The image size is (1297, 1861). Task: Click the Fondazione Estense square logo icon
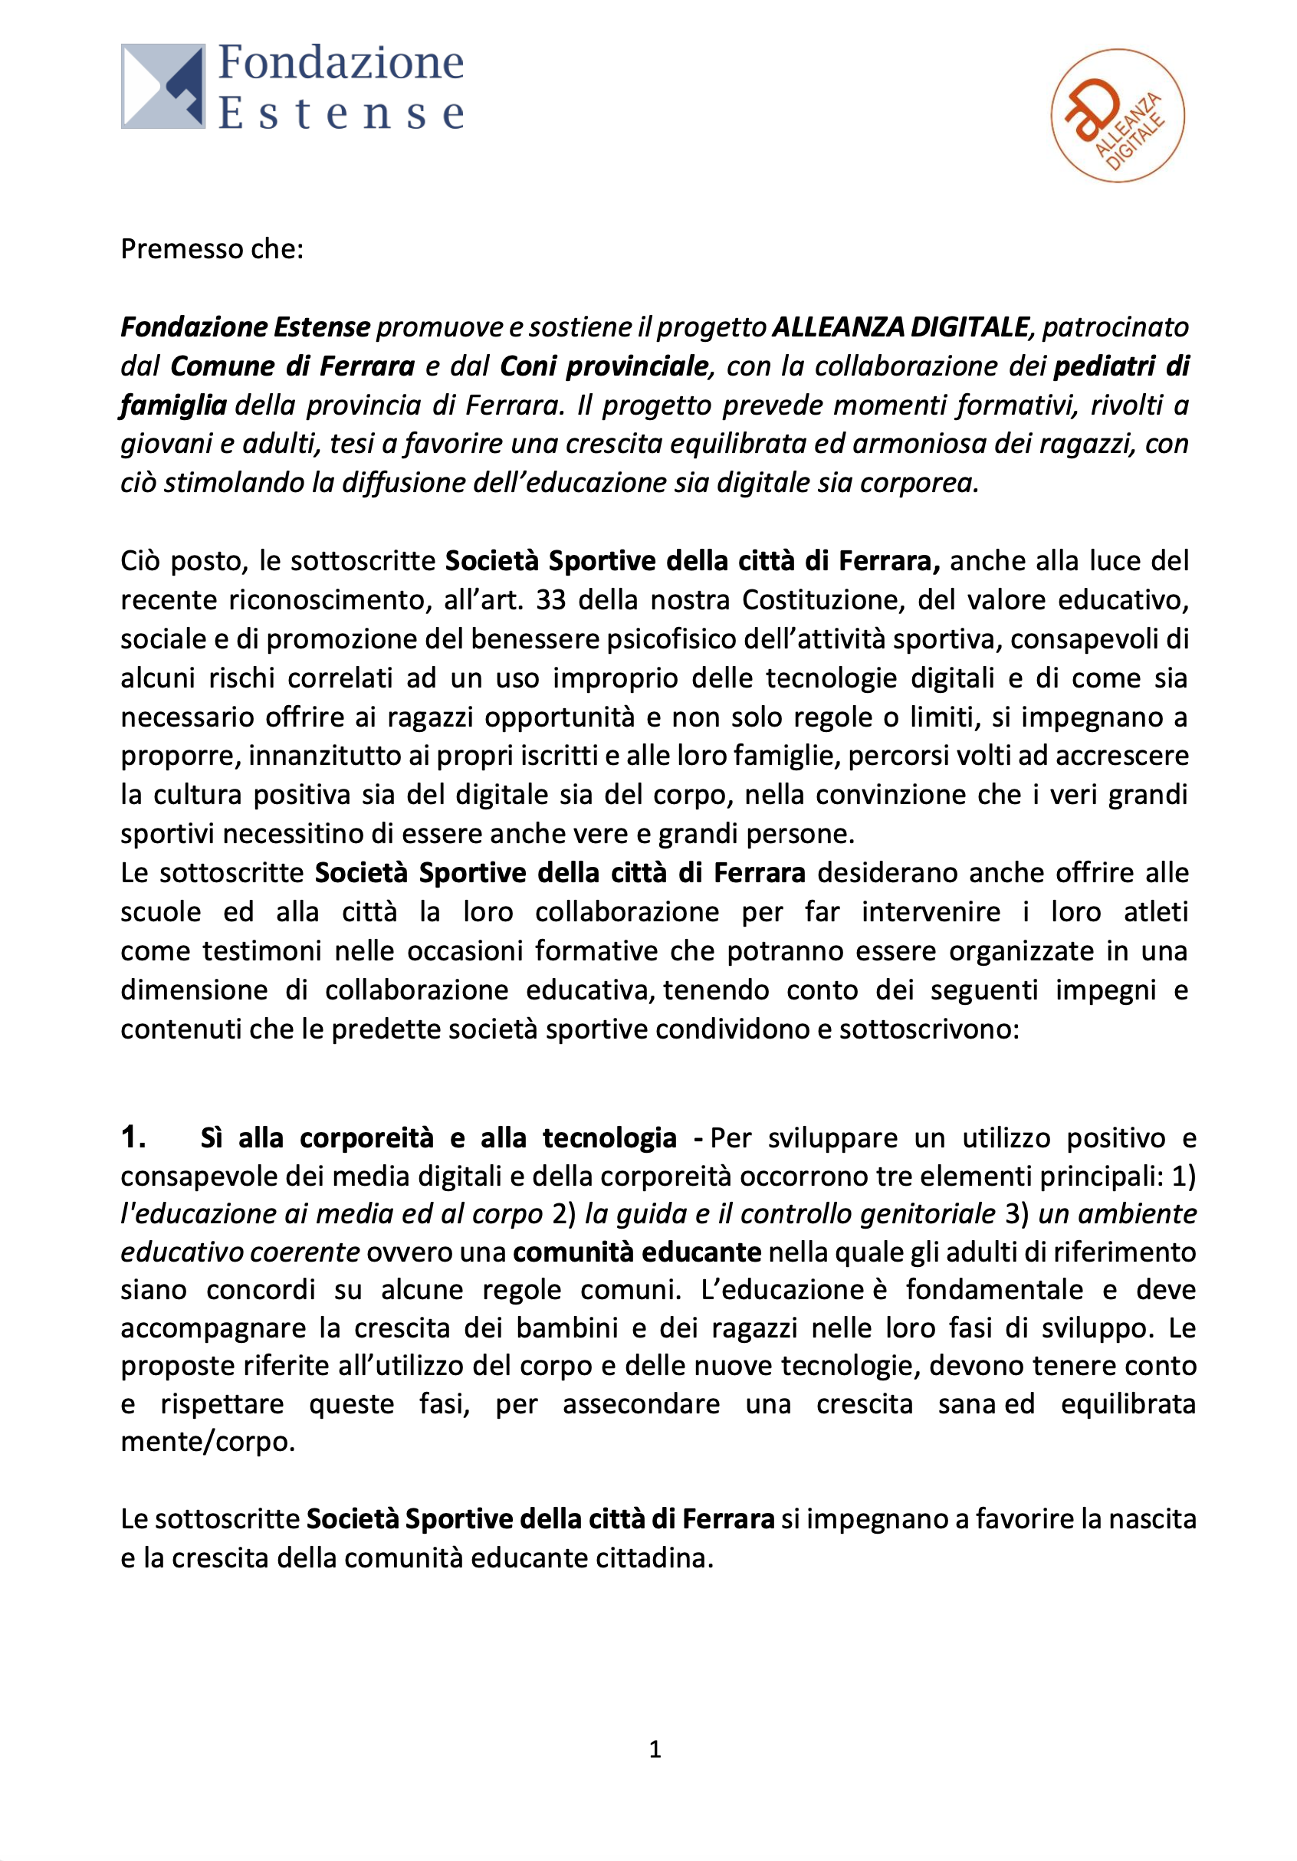[x=163, y=86]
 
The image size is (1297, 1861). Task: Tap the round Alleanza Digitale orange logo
[x=1117, y=116]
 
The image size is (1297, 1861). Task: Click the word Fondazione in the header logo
[x=340, y=63]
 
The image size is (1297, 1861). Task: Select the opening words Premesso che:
[x=212, y=249]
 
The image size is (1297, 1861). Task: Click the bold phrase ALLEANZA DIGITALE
[x=900, y=327]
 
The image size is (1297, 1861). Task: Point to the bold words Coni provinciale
[x=604, y=366]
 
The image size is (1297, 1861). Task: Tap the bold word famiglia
[x=172, y=405]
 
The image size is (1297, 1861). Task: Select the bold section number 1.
[x=133, y=1137]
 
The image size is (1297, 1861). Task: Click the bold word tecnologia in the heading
[x=609, y=1138]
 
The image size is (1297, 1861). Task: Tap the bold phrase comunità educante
[x=637, y=1252]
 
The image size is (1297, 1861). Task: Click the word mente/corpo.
[x=208, y=1441]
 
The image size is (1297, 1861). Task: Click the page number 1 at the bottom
[x=655, y=1749]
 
